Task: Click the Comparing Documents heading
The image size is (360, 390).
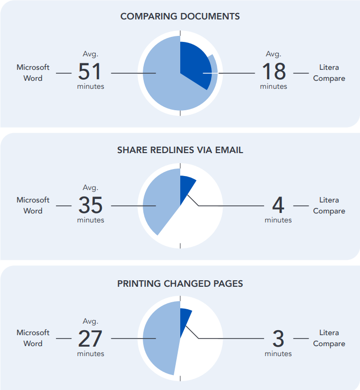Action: pyautogui.click(x=180, y=16)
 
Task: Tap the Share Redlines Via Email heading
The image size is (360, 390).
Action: pyautogui.click(x=180, y=150)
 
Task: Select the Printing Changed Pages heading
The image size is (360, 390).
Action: pyautogui.click(x=180, y=284)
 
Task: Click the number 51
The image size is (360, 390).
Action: pyautogui.click(x=90, y=72)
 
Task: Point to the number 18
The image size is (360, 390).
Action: pyautogui.click(x=274, y=72)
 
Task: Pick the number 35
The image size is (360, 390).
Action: pyautogui.click(x=90, y=205)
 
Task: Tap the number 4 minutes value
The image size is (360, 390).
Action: pyautogui.click(x=278, y=205)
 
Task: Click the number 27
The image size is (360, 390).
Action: pyautogui.click(x=90, y=339)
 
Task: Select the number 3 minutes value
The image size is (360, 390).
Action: pyautogui.click(x=278, y=339)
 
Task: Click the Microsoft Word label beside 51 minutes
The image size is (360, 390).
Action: pyautogui.click(x=33, y=73)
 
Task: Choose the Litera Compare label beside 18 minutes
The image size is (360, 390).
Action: pyautogui.click(x=329, y=73)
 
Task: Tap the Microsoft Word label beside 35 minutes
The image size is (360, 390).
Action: pyautogui.click(x=33, y=205)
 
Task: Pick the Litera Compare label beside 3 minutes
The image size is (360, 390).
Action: pyautogui.click(x=329, y=338)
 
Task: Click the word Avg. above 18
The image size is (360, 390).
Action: pyautogui.click(x=273, y=54)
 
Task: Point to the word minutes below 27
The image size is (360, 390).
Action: pyautogui.click(x=90, y=354)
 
